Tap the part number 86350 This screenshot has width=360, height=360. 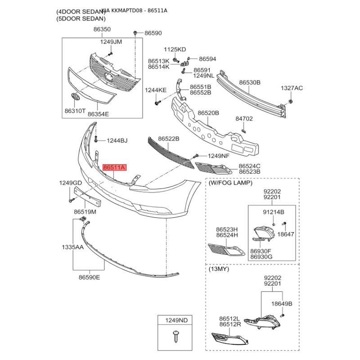coord(102,29)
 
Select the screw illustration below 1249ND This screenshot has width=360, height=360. coord(175,335)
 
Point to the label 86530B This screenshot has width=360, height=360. coord(250,83)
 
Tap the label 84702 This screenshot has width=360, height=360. coord(244,119)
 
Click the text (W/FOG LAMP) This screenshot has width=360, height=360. coord(230,183)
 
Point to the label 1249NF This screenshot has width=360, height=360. coord(219,156)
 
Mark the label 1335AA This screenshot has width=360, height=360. coord(72,247)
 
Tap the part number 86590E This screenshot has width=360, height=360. coord(89,277)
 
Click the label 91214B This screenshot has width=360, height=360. coord(273,211)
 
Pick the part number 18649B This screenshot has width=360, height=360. coord(282,304)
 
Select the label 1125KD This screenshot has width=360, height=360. coord(175,49)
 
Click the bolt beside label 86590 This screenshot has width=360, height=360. coord(135,33)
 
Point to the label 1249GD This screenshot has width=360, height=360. coord(71,183)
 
